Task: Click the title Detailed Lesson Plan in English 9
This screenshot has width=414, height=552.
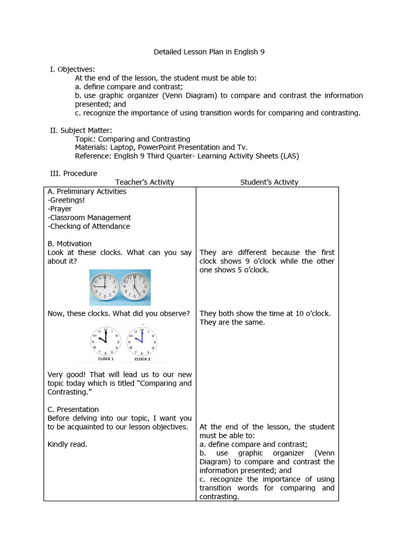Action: pyautogui.click(x=209, y=52)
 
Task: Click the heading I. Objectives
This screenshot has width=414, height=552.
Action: pyautogui.click(x=72, y=70)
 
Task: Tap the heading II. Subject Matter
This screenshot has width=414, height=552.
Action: pyautogui.click(x=81, y=130)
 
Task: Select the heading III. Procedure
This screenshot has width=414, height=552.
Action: pyautogui.click(x=73, y=174)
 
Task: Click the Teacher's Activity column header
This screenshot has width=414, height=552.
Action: pyautogui.click(x=144, y=182)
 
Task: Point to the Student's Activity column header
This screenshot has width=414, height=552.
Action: pyautogui.click(x=269, y=182)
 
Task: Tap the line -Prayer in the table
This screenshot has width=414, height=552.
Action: pyautogui.click(x=60, y=209)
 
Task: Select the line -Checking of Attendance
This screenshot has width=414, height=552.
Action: pyautogui.click(x=89, y=226)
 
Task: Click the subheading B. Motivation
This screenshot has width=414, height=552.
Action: pyautogui.click(x=70, y=244)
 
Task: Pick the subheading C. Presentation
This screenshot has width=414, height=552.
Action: pyautogui.click(x=73, y=409)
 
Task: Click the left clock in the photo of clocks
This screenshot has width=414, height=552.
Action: pyautogui.click(x=105, y=288)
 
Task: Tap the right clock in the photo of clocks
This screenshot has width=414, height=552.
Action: pyautogui.click(x=135, y=288)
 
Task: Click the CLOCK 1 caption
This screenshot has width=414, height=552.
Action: pyautogui.click(x=105, y=359)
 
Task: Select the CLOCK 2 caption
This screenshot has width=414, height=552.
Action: pyautogui.click(x=142, y=359)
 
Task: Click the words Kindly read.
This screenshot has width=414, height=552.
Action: pyautogui.click(x=67, y=444)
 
